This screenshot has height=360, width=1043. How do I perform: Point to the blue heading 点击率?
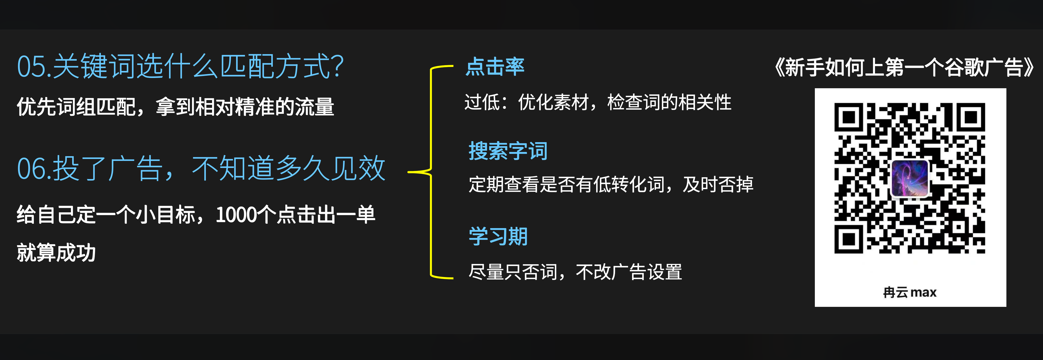[495, 66]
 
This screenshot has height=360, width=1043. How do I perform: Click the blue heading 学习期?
[498, 236]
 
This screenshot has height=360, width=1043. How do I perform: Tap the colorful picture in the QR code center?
[910, 178]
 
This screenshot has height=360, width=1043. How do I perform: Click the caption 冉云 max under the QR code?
[910, 292]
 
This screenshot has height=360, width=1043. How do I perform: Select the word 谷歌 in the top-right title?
[964, 67]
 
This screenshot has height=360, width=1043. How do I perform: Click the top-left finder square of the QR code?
[848, 117]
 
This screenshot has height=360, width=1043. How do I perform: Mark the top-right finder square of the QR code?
[971, 117]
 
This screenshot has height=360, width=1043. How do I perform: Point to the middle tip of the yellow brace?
[408, 172]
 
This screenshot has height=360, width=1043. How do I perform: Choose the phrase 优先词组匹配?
[76, 107]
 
